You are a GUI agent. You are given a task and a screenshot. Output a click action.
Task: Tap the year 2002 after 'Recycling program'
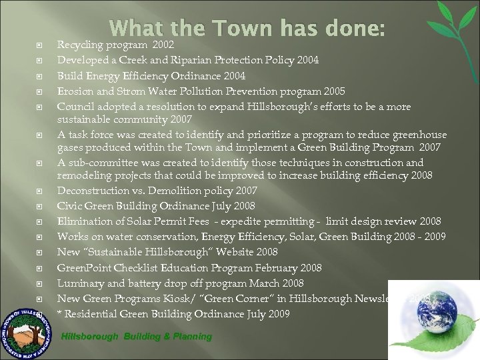[x=163, y=45]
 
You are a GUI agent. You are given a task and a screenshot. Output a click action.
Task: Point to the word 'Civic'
[x=69, y=206]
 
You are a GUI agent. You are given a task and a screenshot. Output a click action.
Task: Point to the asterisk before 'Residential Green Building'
[x=60, y=314]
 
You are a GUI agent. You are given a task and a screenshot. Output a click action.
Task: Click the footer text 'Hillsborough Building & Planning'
[x=137, y=337]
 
